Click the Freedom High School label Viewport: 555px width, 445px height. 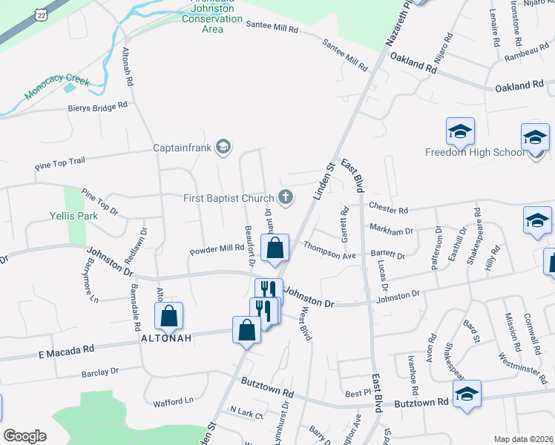click(474, 153)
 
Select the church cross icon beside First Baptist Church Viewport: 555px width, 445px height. click(284, 197)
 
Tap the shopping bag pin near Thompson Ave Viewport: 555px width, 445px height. click(275, 249)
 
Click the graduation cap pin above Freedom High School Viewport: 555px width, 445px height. click(460, 131)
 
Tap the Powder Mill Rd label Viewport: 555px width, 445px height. click(217, 248)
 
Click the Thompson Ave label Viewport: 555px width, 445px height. click(330, 254)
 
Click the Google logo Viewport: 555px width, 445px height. click(24, 436)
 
